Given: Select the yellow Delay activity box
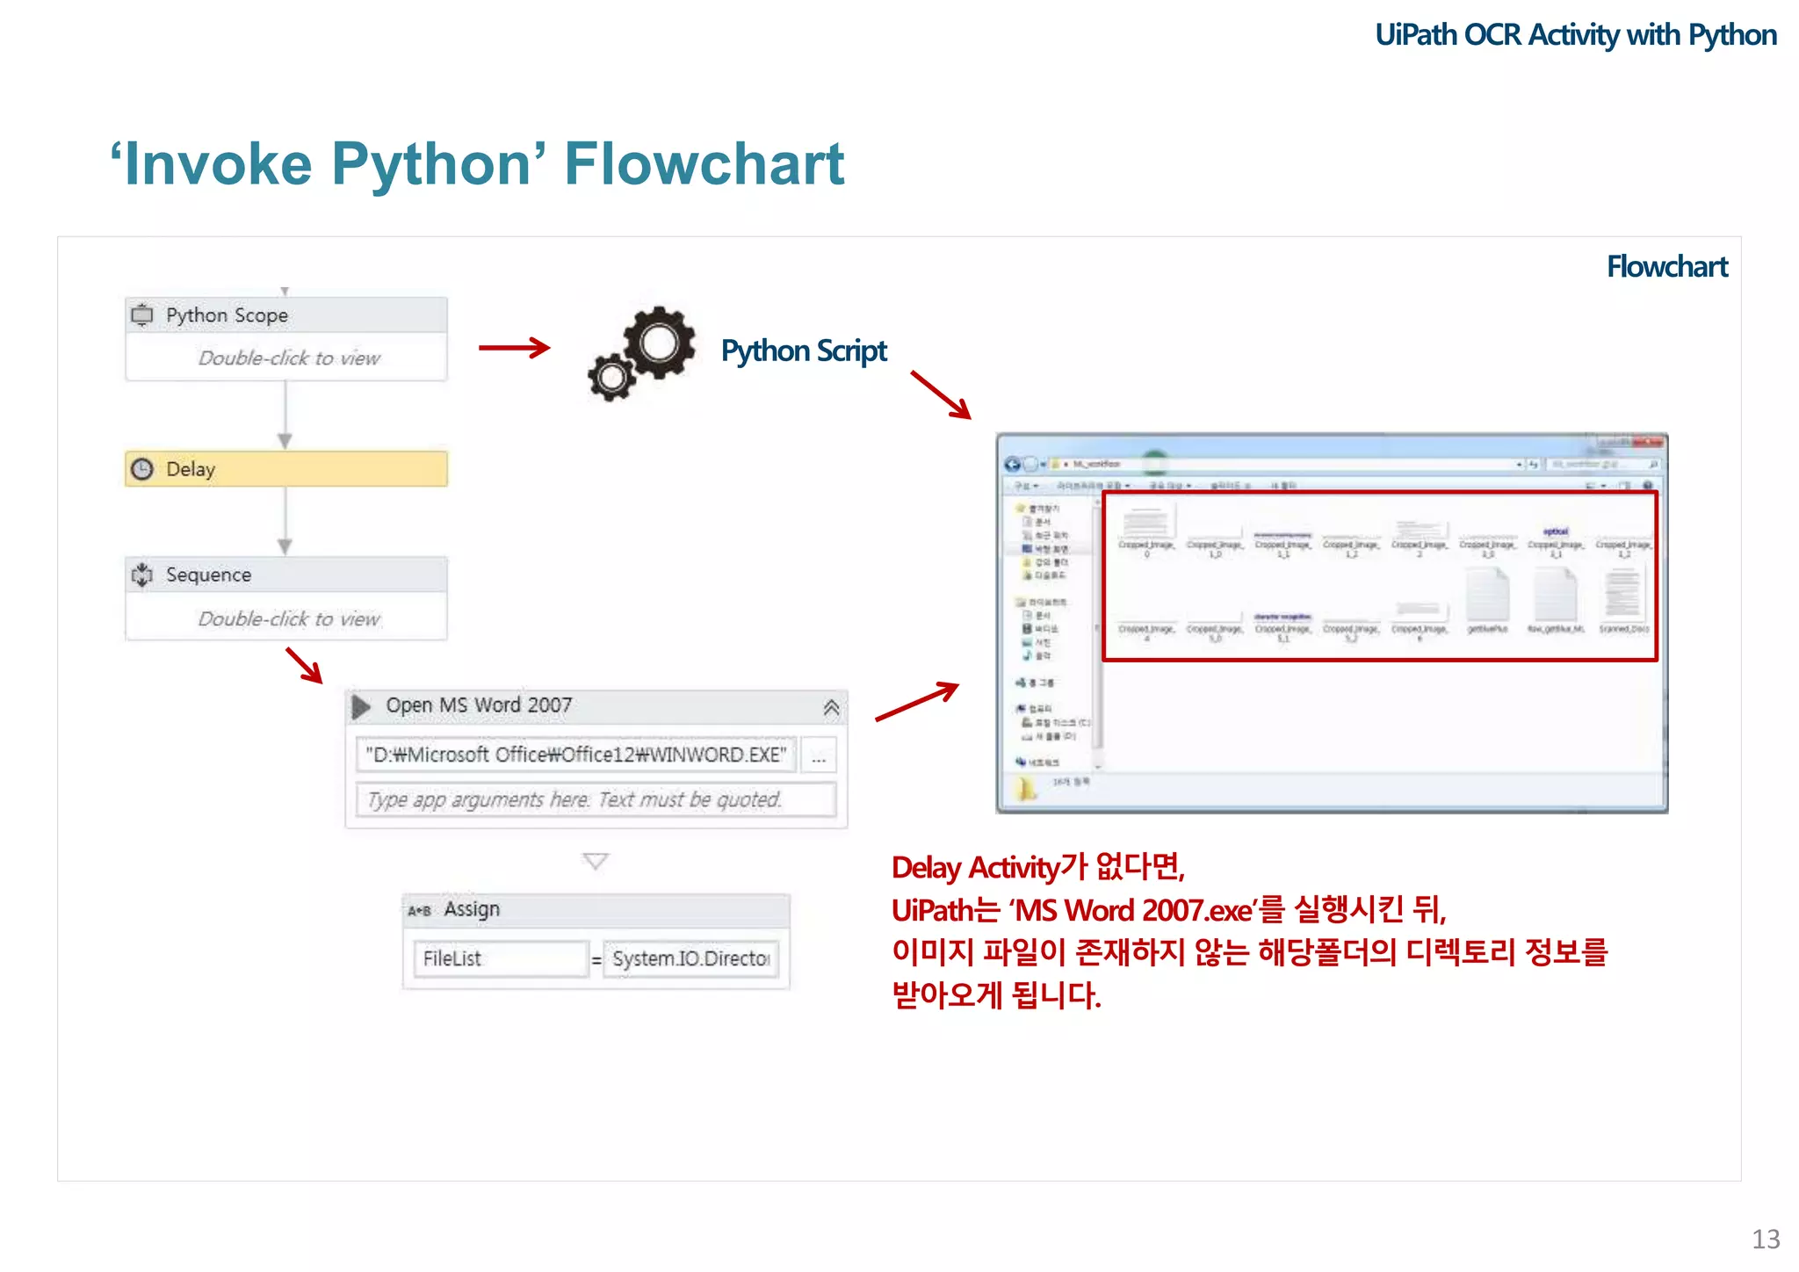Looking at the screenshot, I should pyautogui.click(x=286, y=469).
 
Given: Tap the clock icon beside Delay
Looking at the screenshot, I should pyautogui.click(x=142, y=469).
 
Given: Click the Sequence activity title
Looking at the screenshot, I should pyautogui.click(x=209, y=575).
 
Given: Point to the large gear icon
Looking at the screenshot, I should pyautogui.click(x=659, y=343).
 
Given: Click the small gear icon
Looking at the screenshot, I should pyautogui.click(x=611, y=378).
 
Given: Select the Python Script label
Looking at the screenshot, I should pyautogui.click(x=804, y=351).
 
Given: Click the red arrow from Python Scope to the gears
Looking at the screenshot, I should pyautogui.click(x=514, y=348).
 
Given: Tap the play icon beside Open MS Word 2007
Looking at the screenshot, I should pyautogui.click(x=361, y=706).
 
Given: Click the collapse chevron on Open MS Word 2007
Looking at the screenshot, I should pyautogui.click(x=831, y=707).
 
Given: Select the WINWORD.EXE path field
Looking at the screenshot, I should pyautogui.click(x=576, y=755).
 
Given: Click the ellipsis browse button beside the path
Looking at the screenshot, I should pyautogui.click(x=819, y=755).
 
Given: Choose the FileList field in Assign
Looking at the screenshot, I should pyautogui.click(x=499, y=958).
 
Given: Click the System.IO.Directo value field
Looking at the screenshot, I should pyautogui.click(x=691, y=958).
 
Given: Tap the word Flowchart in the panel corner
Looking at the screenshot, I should pyautogui.click(x=1666, y=267).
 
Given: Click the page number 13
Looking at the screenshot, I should pyautogui.click(x=1766, y=1239).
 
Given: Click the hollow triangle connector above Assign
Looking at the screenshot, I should pyautogui.click(x=596, y=861).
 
